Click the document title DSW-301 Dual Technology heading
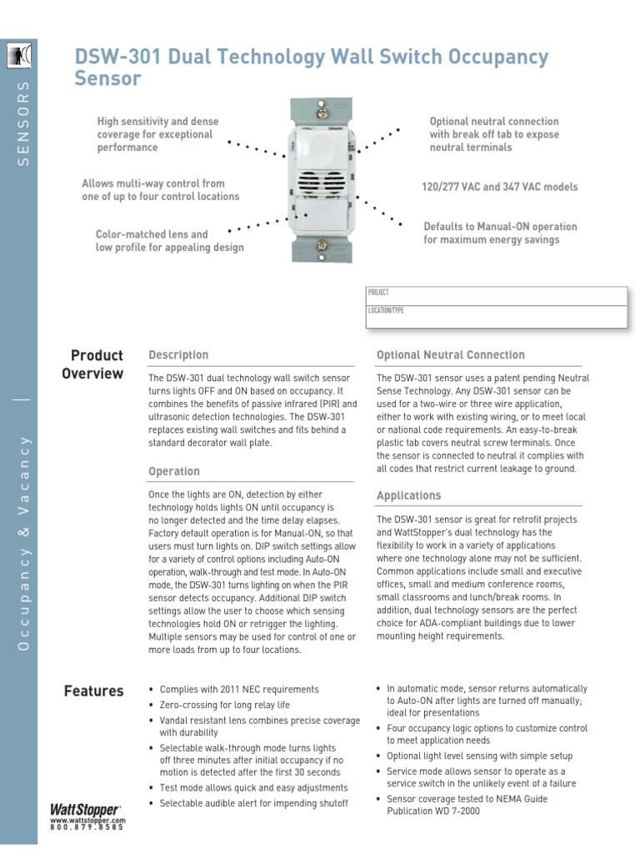pyautogui.click(x=312, y=68)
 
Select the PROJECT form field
pyautogui.click(x=497, y=296)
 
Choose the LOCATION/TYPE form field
pyautogui.click(x=497, y=316)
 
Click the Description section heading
pyautogui.click(x=178, y=355)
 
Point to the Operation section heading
pyautogui.click(x=174, y=472)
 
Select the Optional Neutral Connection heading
pyautogui.click(x=451, y=355)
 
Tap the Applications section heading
pyautogui.click(x=408, y=496)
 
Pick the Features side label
pyautogui.click(x=93, y=691)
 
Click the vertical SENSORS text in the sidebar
pyautogui.click(x=23, y=123)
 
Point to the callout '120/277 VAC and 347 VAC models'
pyautogui.click(x=499, y=188)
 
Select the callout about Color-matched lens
pyautogui.click(x=169, y=241)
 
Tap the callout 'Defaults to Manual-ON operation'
pyautogui.click(x=500, y=234)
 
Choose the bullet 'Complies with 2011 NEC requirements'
pyautogui.click(x=239, y=690)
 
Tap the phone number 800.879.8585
pyautogui.click(x=87, y=827)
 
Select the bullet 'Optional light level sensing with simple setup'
pyautogui.click(x=480, y=756)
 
